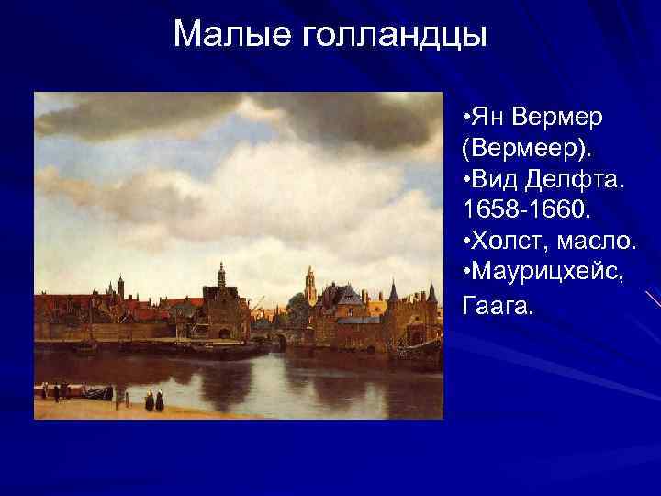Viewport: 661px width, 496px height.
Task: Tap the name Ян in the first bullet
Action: click(491, 118)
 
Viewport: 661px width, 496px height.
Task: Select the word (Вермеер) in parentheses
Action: click(521, 150)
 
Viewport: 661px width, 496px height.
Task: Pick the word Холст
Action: click(507, 242)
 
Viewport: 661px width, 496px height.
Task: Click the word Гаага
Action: click(497, 304)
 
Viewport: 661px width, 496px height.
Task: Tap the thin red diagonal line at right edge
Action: click(653, 298)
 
